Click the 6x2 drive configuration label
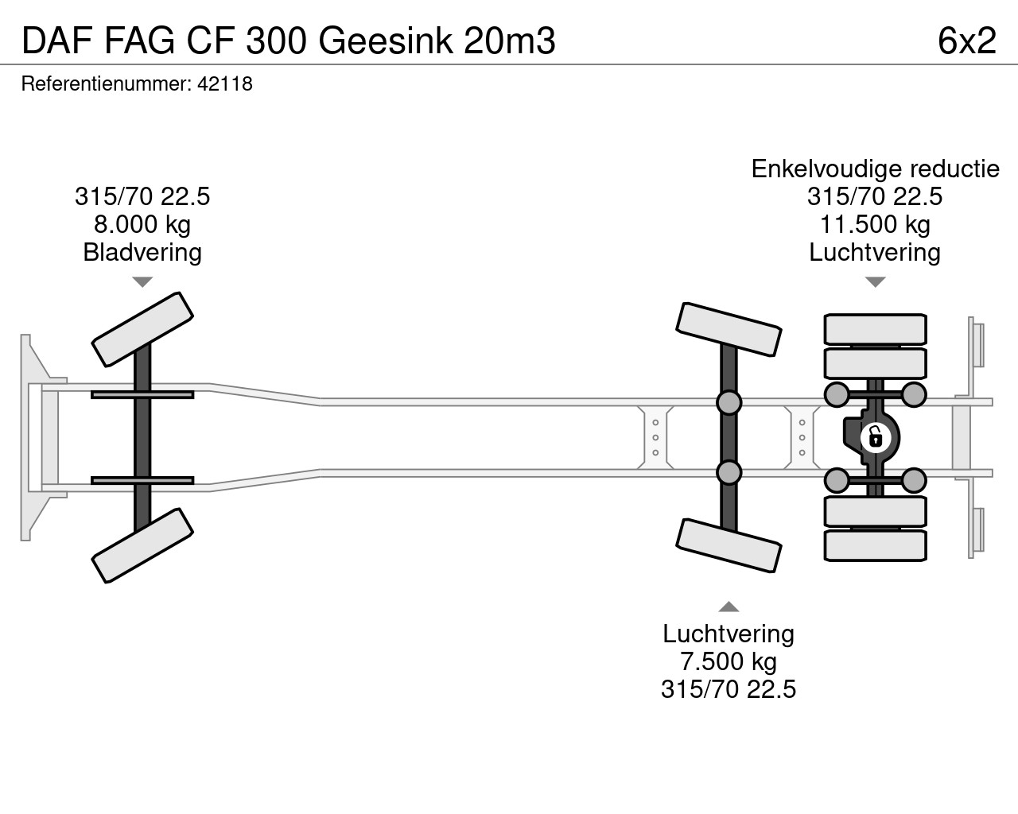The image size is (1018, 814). (967, 41)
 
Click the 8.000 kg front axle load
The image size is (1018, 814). (142, 225)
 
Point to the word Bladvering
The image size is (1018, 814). (142, 253)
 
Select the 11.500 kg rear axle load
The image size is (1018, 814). (875, 225)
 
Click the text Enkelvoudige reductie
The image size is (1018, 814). (875, 169)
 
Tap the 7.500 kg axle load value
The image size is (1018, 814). (729, 661)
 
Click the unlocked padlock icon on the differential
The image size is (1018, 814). (876, 437)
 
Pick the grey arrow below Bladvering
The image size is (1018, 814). (142, 281)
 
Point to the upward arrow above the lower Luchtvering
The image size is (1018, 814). (729, 607)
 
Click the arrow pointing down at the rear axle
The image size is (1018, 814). (875, 281)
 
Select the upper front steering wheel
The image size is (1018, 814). (142, 329)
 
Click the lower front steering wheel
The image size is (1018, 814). (142, 546)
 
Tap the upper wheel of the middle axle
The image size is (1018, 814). (729, 329)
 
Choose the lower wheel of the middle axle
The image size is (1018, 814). (729, 546)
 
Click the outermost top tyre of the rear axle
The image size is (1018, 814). (875, 329)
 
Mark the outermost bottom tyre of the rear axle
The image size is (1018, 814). (875, 546)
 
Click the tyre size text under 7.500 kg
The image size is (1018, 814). (729, 689)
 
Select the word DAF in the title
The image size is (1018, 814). (56, 41)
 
